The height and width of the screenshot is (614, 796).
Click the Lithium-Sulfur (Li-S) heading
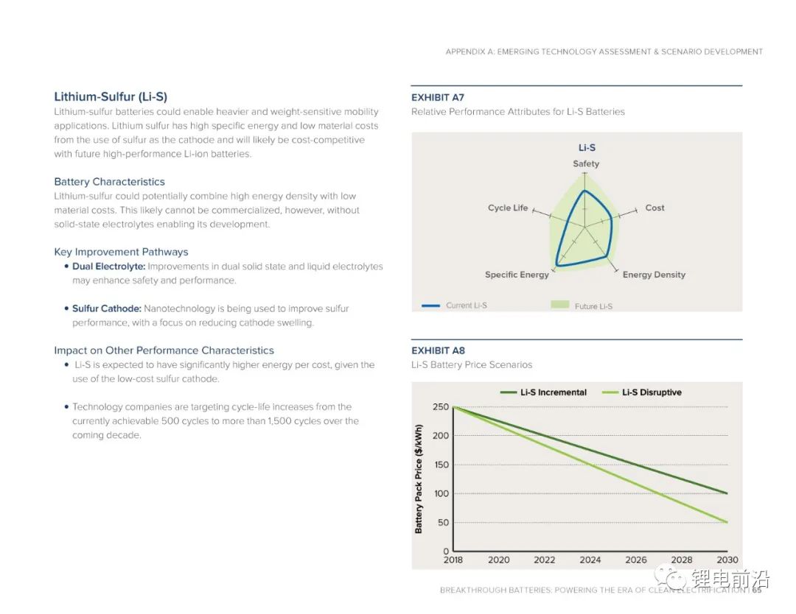click(x=111, y=96)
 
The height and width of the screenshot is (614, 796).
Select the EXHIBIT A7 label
click(x=438, y=97)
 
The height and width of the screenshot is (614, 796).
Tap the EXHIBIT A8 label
click(x=438, y=350)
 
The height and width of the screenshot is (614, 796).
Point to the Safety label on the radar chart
click(x=586, y=163)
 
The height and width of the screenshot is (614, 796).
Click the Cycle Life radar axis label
click(x=508, y=208)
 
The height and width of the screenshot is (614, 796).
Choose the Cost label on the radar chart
click(x=654, y=208)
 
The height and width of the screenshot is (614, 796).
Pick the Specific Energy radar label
click(x=517, y=275)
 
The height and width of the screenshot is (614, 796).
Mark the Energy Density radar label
click(x=654, y=275)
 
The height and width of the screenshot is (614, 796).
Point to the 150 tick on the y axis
click(x=441, y=465)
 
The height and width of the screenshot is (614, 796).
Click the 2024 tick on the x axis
click(x=590, y=560)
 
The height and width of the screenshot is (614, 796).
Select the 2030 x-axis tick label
click(x=727, y=560)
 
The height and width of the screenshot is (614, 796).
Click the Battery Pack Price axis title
click(x=419, y=479)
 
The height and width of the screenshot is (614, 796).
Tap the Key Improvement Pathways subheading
click(x=121, y=252)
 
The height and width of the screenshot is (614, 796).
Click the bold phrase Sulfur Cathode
click(x=107, y=308)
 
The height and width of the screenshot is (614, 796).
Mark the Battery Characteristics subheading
click(x=109, y=182)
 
